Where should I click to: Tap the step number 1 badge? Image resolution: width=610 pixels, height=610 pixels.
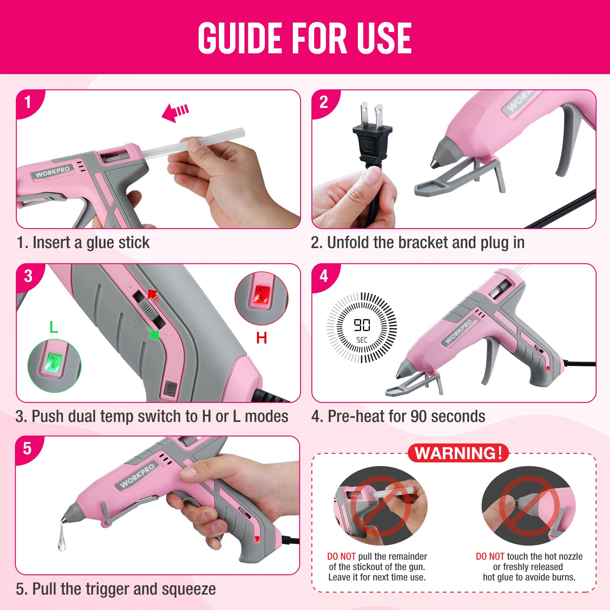point(28,102)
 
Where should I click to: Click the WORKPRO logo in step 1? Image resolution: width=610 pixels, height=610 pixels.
point(52,172)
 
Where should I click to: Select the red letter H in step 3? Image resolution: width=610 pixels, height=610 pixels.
point(261,338)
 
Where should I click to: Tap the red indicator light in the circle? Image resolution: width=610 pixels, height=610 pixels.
point(261,295)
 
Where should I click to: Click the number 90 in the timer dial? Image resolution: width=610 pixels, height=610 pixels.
point(362,325)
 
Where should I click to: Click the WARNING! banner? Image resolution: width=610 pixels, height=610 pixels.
point(458,453)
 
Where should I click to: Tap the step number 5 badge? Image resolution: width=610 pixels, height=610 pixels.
point(27,448)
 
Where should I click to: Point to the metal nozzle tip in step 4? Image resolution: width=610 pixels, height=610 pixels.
point(397,376)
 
